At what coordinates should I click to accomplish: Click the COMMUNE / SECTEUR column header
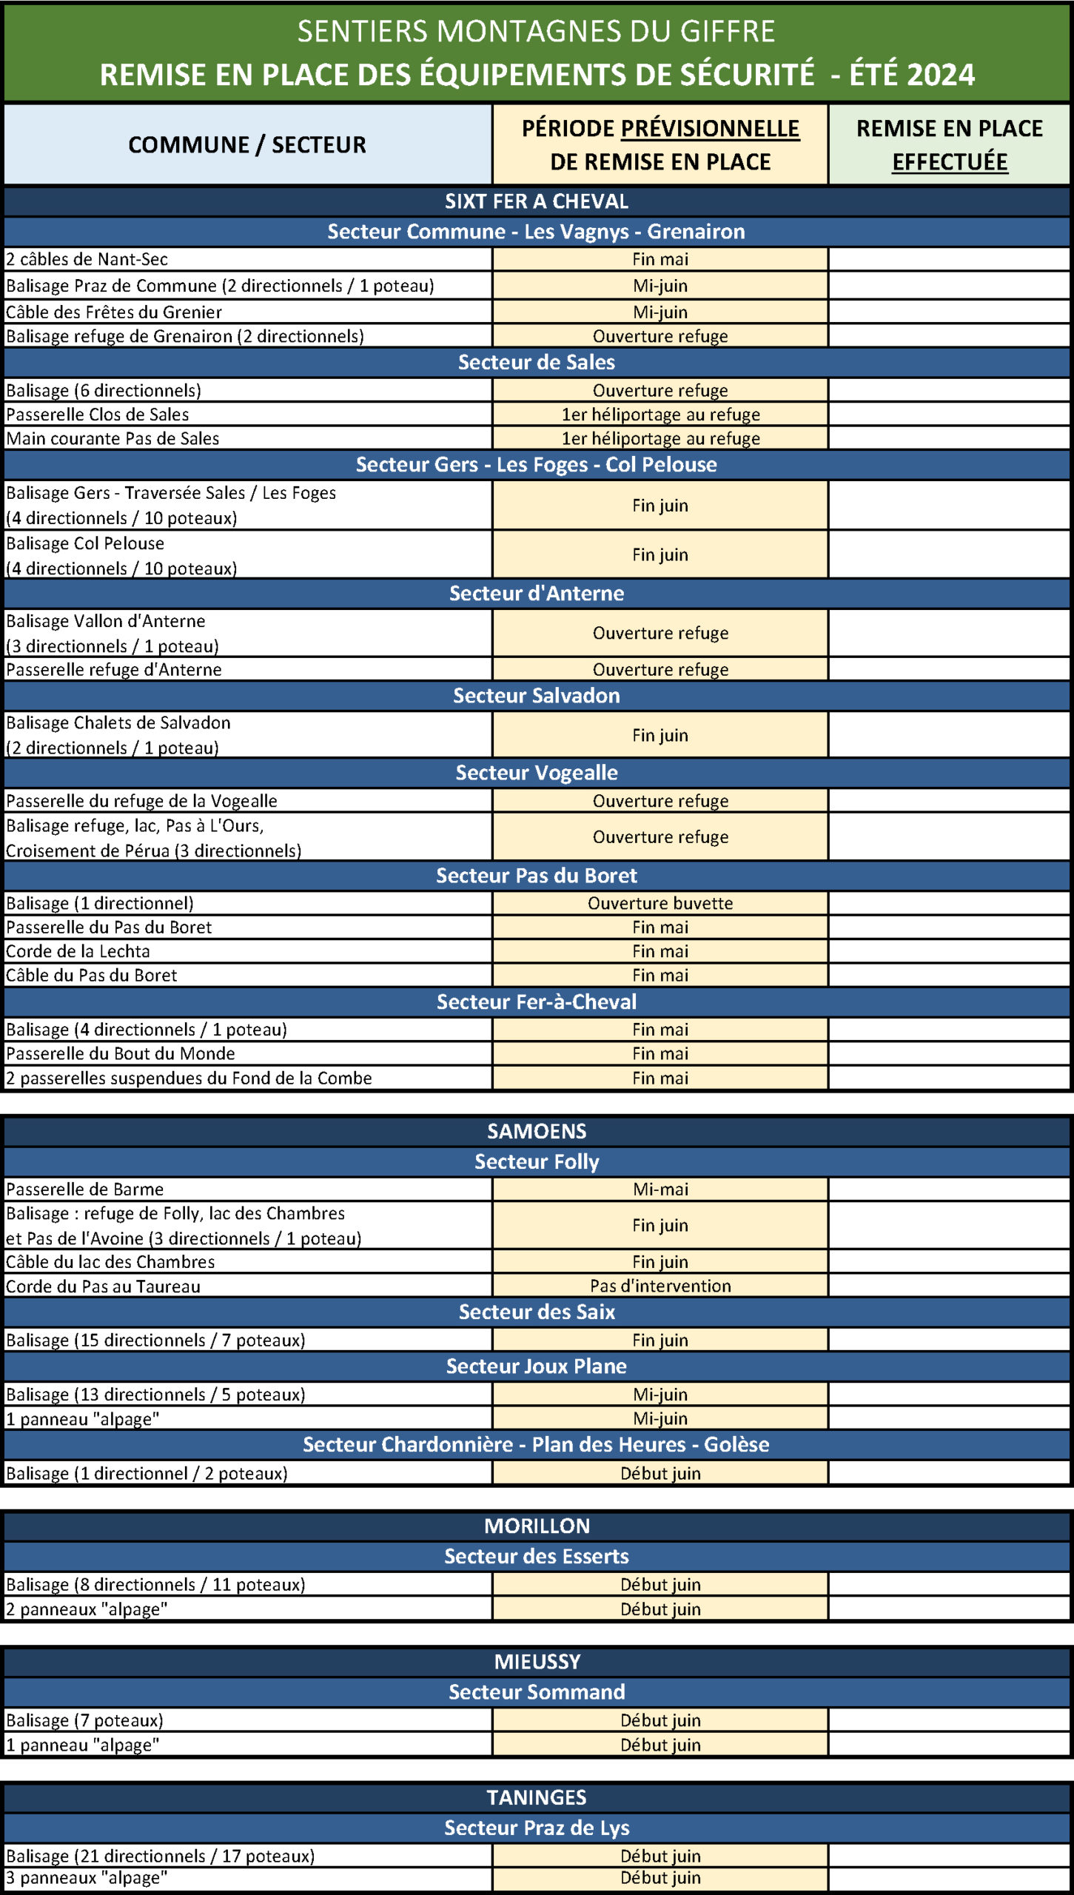(247, 144)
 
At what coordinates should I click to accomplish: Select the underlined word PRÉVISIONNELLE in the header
(709, 129)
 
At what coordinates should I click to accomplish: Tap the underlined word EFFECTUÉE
(949, 161)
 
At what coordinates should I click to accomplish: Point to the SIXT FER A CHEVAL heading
(537, 201)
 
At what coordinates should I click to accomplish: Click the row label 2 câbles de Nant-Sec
(87, 259)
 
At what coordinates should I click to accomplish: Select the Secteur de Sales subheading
(537, 362)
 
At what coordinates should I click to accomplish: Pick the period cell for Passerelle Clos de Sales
(660, 414)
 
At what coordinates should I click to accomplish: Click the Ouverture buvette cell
(660, 903)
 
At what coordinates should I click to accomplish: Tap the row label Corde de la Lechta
(78, 951)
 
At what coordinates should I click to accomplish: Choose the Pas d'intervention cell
(660, 1286)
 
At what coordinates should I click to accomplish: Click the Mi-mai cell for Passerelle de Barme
(660, 1189)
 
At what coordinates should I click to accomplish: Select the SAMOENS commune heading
(537, 1131)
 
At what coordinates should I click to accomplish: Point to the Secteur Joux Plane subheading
(537, 1366)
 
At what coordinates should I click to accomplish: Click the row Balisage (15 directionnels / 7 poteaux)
(155, 1340)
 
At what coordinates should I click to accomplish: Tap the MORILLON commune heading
(537, 1526)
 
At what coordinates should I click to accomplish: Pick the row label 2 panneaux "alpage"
(87, 1609)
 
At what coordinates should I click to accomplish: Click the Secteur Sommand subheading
(537, 1691)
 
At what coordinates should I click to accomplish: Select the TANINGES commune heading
(537, 1797)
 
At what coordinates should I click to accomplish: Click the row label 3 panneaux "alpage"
(87, 1878)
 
